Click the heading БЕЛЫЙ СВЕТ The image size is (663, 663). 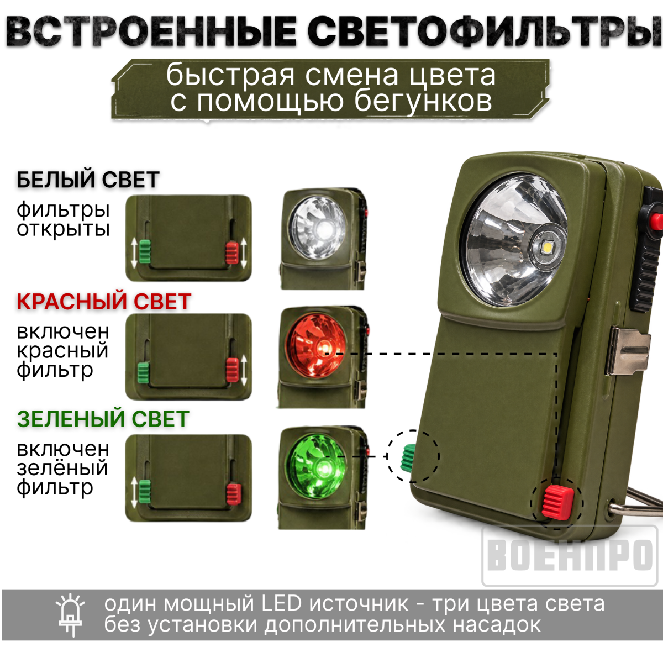[x=88, y=180]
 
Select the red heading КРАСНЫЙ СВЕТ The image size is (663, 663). [x=104, y=302]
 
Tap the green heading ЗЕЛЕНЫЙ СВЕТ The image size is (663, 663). [x=103, y=419]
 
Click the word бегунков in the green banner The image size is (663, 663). [x=424, y=101]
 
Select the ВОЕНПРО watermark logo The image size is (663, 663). [x=570, y=556]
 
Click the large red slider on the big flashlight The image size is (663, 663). [x=557, y=503]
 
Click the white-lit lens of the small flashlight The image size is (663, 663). [x=318, y=228]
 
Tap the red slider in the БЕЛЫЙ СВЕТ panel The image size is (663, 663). [x=232, y=252]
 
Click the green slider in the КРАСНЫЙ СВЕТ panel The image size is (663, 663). [x=144, y=372]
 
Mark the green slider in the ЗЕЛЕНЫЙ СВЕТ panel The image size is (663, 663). [x=145, y=490]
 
